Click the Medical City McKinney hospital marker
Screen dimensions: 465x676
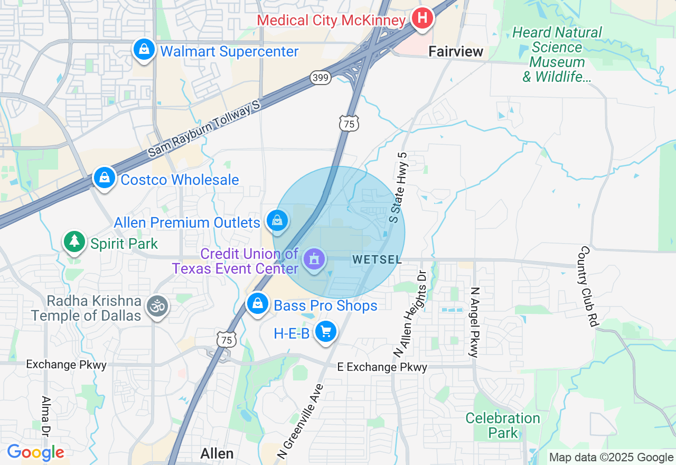coord(422,18)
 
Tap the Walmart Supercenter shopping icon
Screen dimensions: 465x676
coord(144,50)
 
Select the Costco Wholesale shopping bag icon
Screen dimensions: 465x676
coord(105,178)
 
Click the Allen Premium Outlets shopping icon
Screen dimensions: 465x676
coord(277,220)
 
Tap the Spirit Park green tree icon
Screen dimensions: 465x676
coord(74,242)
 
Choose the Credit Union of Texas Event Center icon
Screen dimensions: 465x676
coord(315,259)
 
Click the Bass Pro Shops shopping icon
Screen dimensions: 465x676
coord(257,304)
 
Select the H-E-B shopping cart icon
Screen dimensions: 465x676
coord(325,332)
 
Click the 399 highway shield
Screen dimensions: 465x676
coord(321,78)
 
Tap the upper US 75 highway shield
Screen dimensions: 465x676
coord(349,124)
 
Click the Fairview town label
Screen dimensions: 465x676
coord(456,51)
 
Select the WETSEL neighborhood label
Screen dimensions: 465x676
coord(377,259)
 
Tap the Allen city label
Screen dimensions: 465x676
coord(217,453)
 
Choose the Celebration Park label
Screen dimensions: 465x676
coord(503,426)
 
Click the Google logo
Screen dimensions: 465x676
coord(35,453)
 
